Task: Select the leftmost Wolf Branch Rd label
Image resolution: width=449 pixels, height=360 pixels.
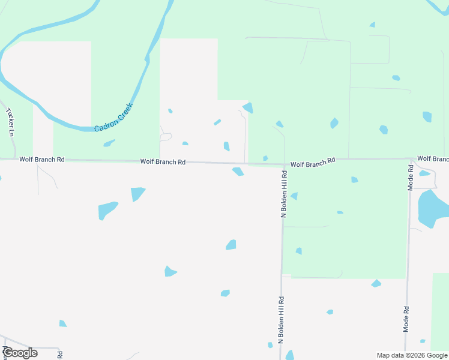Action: (x=41, y=160)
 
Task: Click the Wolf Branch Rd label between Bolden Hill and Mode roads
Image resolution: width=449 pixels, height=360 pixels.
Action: (x=313, y=163)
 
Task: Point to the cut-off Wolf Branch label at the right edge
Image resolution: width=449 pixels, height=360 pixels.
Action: (x=433, y=159)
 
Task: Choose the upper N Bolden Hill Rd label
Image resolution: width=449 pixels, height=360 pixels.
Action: (x=285, y=193)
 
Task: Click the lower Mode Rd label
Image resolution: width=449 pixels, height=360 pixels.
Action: (x=406, y=319)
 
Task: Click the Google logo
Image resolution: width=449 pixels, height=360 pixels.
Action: (x=20, y=353)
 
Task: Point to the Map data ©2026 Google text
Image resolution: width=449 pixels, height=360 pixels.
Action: (x=411, y=355)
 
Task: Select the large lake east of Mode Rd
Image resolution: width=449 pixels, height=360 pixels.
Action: (x=433, y=208)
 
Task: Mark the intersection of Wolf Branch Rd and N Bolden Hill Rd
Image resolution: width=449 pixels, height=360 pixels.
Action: (x=283, y=164)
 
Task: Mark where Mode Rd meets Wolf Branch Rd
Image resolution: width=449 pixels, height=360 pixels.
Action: (x=411, y=160)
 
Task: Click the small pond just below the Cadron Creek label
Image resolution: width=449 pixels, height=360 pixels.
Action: (x=109, y=143)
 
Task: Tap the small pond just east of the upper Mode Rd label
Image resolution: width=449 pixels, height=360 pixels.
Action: (x=425, y=173)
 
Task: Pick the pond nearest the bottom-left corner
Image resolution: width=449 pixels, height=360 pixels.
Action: (x=62, y=324)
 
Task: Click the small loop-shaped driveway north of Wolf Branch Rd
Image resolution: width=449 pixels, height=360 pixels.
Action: (x=166, y=137)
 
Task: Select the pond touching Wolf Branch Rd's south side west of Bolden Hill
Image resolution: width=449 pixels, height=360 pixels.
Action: (x=238, y=172)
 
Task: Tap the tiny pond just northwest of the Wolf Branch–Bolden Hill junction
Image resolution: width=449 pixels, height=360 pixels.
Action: (x=265, y=158)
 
